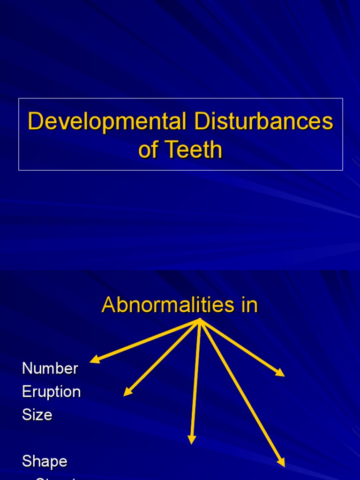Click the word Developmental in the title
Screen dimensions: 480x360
coord(105,122)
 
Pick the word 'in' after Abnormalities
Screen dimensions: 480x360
coord(248,306)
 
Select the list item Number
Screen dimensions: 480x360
coord(50,368)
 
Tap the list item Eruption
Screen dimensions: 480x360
coord(51,392)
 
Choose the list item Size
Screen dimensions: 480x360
coord(37,415)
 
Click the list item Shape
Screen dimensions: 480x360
coord(45,461)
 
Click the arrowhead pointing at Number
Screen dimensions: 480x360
coord(93,360)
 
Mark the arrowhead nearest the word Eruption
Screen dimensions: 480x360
coord(127,393)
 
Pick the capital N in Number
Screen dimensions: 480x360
coord(27,368)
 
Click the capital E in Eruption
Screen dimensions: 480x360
coord(26,392)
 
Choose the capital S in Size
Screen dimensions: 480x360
coord(27,415)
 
